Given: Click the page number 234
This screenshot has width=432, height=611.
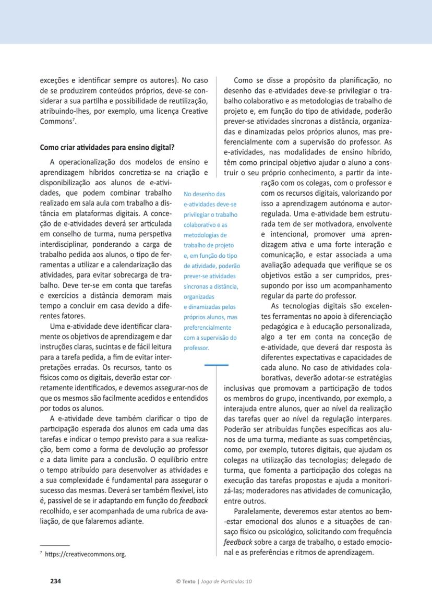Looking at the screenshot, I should (55, 580).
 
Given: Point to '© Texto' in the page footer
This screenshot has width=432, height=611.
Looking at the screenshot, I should (186, 581).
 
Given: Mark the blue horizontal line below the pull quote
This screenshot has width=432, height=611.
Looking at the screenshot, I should (216, 365).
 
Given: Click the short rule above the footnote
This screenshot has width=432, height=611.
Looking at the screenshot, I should (55, 545).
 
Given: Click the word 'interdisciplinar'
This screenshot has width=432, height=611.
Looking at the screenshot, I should (67, 244).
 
